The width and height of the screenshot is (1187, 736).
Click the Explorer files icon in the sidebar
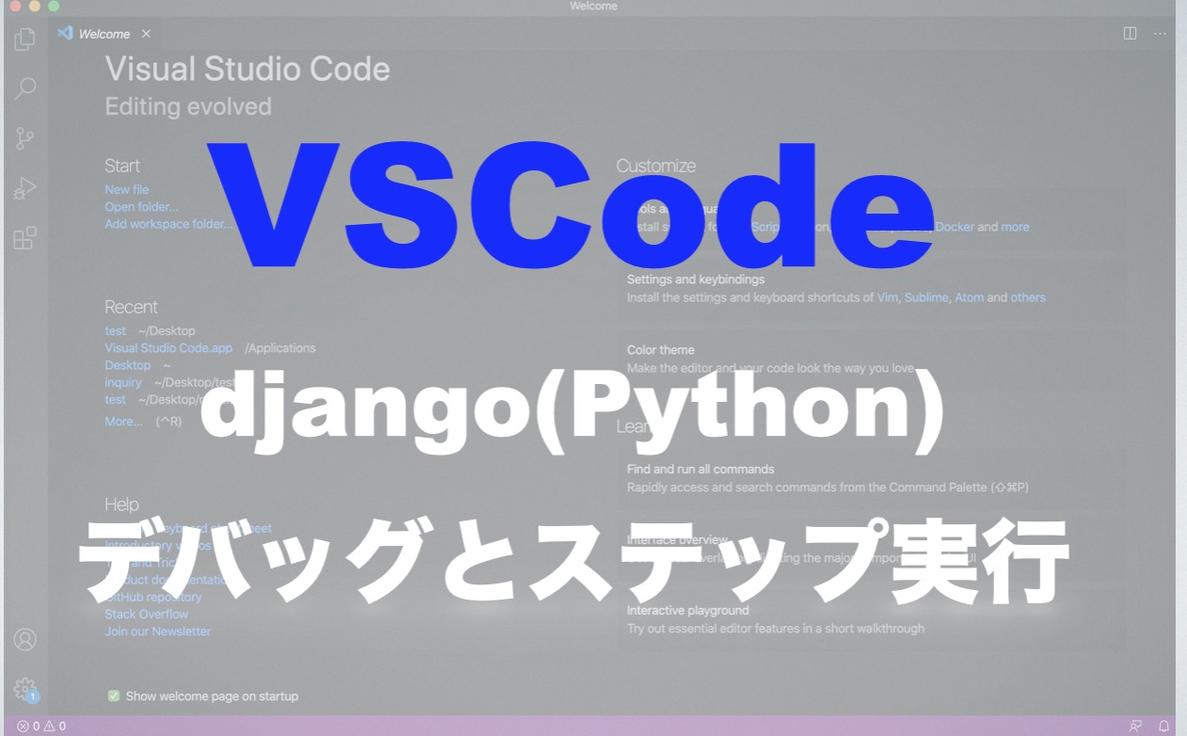point(25,40)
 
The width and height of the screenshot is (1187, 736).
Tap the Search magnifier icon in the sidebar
point(25,88)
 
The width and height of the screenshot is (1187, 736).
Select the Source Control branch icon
point(25,139)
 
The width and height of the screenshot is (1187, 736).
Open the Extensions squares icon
point(25,238)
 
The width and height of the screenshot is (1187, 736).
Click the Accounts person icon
point(25,640)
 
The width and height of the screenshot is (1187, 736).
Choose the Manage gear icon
point(25,689)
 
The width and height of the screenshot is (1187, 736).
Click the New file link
point(126,189)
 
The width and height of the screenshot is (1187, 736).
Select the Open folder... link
point(141,206)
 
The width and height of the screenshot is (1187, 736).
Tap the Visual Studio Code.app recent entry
point(168,347)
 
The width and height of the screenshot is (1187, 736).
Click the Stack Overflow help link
point(146,614)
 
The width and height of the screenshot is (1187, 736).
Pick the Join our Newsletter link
point(157,631)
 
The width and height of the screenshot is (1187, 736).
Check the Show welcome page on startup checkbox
point(114,696)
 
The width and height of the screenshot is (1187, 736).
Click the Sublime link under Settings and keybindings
point(926,297)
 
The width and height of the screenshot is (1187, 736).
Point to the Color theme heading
point(660,350)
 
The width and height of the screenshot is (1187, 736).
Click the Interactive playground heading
point(688,611)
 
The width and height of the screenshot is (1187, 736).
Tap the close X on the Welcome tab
point(146,34)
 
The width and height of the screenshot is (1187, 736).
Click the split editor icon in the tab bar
point(1130,33)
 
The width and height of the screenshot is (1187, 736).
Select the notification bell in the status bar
point(1163,726)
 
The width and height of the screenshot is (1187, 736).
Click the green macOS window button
point(54,6)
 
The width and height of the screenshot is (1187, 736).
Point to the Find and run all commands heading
point(700,469)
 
